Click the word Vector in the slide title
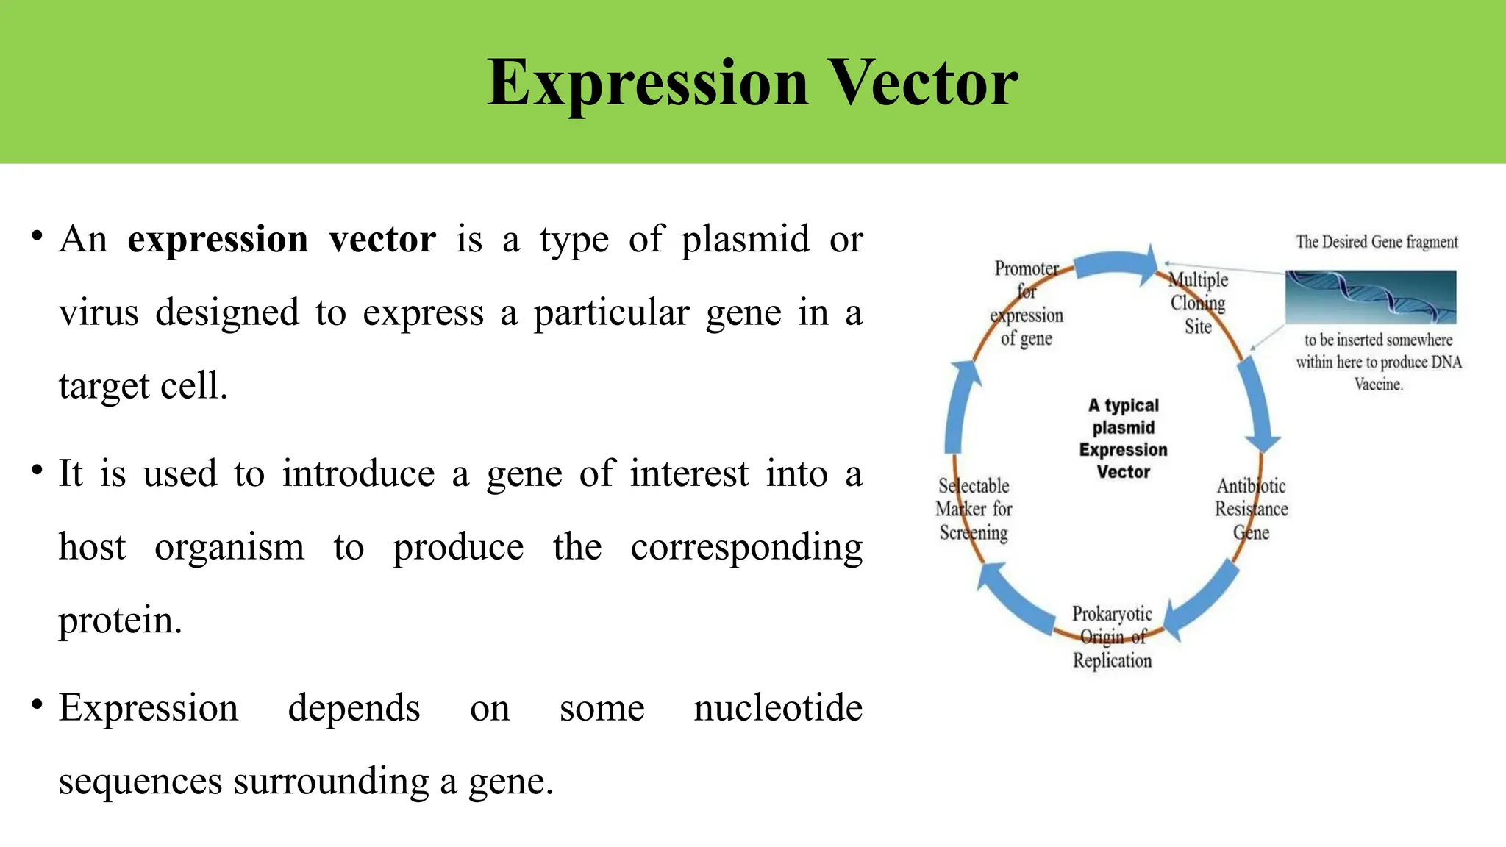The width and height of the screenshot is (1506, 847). point(923,83)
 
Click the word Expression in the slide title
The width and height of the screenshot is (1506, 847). point(647,83)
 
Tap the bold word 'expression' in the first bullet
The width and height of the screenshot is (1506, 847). point(218,240)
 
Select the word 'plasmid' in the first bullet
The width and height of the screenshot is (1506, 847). point(744,240)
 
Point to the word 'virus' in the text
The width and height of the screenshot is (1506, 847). point(99,312)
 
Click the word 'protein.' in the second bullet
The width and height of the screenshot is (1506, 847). point(120,620)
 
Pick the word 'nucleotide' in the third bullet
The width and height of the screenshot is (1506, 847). point(777,708)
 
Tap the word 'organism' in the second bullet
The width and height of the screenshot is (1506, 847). point(229,547)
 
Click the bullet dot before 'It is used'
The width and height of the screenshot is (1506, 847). point(37,470)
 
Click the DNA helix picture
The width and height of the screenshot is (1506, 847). point(1370,297)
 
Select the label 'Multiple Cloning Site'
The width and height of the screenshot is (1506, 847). point(1198,303)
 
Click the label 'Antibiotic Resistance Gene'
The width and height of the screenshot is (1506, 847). point(1251,509)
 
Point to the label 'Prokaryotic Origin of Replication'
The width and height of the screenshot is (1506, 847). point(1112,637)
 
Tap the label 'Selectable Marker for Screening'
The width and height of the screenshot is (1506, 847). point(974,509)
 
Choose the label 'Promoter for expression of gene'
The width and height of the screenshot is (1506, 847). point(1027,303)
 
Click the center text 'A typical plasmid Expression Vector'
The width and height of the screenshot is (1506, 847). point(1123,438)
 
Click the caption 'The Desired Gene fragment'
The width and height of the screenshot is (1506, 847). point(1377,242)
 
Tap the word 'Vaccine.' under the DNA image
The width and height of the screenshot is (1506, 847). point(1378,384)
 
